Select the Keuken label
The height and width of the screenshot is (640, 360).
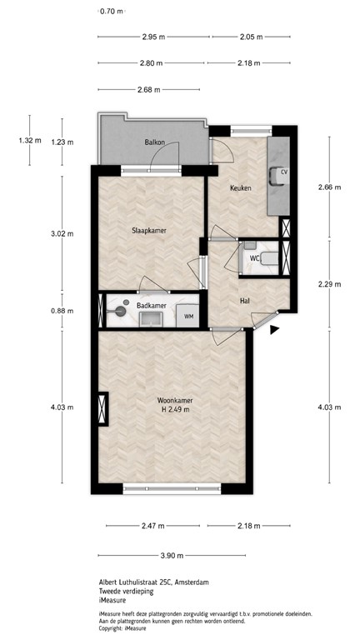point(242,189)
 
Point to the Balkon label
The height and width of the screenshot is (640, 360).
point(153,142)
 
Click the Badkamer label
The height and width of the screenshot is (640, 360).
point(151,306)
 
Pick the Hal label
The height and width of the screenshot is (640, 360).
point(245,301)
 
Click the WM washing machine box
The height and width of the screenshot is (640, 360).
point(190,316)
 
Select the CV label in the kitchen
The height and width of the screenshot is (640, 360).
point(283,172)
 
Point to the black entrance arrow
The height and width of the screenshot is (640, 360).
point(275,332)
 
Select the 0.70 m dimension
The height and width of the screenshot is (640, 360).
point(112,12)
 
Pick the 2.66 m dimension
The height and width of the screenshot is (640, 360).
point(330,187)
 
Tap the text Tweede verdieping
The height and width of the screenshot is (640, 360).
point(129,590)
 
